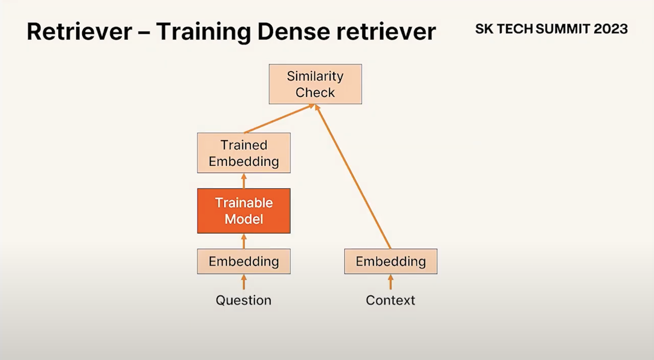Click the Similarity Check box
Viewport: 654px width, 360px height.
[x=315, y=84]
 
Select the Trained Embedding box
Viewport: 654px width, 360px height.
[x=244, y=153]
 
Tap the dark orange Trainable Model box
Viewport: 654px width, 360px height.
[x=244, y=211]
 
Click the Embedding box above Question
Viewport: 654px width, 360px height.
[x=244, y=261]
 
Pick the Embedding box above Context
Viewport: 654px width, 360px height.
[x=391, y=261]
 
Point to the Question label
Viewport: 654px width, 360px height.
[x=243, y=300]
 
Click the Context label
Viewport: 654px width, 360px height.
[x=390, y=300]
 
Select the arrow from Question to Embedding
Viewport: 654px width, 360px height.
[x=244, y=282]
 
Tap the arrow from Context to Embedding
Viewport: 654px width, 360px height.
[x=391, y=282]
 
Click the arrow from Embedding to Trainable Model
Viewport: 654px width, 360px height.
[x=244, y=241]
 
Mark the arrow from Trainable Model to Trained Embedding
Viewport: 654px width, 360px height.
[x=244, y=181]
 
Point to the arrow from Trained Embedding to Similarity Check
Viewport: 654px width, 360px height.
[x=279, y=119]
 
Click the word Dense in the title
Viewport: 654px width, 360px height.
[x=293, y=32]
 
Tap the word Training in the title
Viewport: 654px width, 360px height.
[x=203, y=32]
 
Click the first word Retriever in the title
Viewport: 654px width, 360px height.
[x=79, y=32]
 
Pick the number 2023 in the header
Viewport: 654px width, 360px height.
[x=611, y=29]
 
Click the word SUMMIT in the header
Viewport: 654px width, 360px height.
[x=563, y=29]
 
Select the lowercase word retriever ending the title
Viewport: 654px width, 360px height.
[x=386, y=32]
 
